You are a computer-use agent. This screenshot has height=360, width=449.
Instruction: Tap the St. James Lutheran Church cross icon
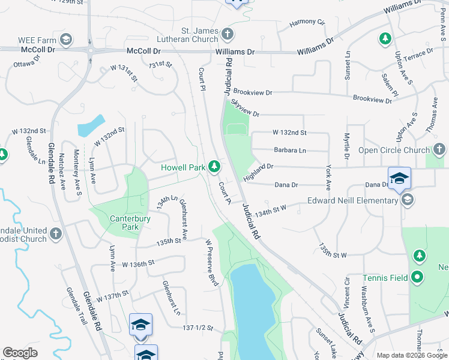point(228,34)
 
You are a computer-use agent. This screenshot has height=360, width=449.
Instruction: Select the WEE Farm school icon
point(65,40)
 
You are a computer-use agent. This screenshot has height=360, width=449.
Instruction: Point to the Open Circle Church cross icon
point(439,149)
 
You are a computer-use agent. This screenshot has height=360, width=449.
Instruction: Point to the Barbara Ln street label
point(289,150)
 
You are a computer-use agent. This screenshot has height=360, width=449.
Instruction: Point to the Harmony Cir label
point(307,22)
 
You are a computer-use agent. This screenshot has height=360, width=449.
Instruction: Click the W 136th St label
point(138,263)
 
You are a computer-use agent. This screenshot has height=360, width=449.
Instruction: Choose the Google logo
point(20,353)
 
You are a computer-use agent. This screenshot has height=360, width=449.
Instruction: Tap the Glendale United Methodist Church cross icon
point(56,233)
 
